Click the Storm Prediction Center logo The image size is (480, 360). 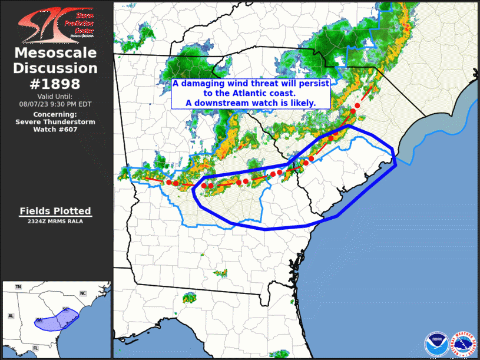(x=55, y=24)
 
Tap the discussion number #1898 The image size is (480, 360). (x=55, y=83)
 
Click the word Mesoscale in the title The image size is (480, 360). (x=55, y=54)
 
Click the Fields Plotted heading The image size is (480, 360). (x=55, y=210)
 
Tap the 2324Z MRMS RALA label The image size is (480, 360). (x=55, y=222)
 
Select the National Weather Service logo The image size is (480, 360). (x=463, y=344)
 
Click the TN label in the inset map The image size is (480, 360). (x=18, y=287)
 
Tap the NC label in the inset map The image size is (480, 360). (x=83, y=293)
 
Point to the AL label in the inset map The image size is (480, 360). (x=11, y=316)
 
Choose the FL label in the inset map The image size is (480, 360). (x=35, y=348)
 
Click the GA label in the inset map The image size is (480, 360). (x=39, y=319)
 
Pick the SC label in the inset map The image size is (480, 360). (x=65, y=310)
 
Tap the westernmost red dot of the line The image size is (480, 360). (x=169, y=183)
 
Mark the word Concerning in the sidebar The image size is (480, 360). (x=55, y=114)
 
